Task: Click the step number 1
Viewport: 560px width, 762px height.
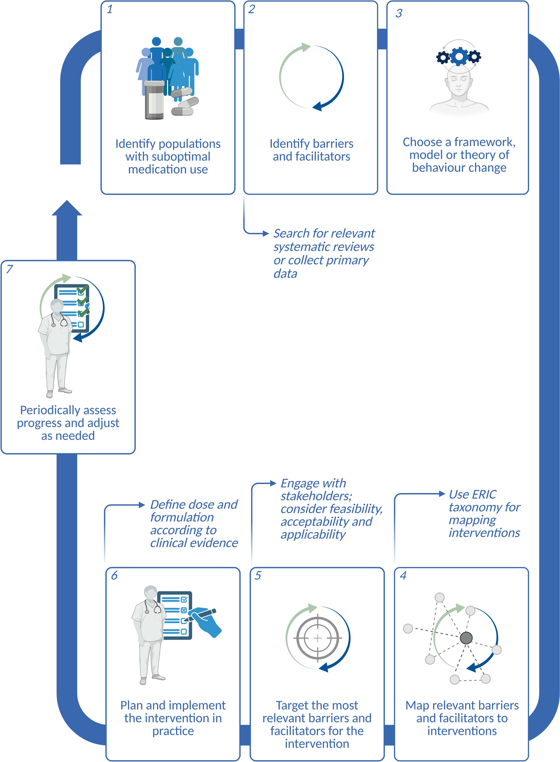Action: (x=109, y=10)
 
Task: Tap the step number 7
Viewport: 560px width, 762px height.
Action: (x=10, y=269)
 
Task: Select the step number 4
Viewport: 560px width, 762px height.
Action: (x=403, y=575)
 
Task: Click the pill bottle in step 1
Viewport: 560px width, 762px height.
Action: (x=154, y=100)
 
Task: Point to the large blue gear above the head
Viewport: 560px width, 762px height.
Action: (x=459, y=56)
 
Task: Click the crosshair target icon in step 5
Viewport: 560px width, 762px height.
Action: (x=318, y=638)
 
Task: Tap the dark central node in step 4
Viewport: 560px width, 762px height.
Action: (x=466, y=638)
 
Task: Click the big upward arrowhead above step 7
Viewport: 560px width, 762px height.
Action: (x=67, y=208)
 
